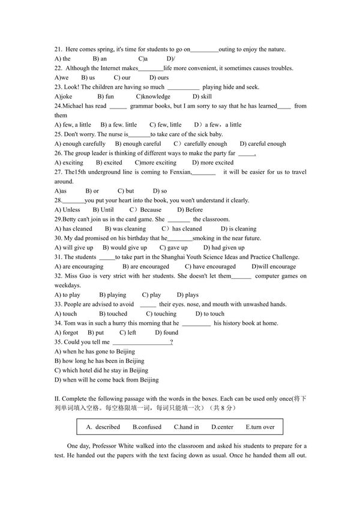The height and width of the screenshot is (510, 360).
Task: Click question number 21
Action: coord(58,49)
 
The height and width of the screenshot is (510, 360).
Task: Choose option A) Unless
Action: coord(67,209)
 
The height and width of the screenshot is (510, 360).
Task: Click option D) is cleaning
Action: coord(238,229)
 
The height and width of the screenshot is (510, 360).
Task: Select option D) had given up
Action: coord(224,247)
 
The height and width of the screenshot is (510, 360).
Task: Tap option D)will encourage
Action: coord(274,266)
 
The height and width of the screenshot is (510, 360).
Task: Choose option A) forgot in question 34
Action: coord(66,332)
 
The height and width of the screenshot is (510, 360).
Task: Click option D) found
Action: coord(166,332)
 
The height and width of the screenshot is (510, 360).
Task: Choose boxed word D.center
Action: coord(222,427)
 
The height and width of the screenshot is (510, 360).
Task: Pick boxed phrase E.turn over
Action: coord(260,427)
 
